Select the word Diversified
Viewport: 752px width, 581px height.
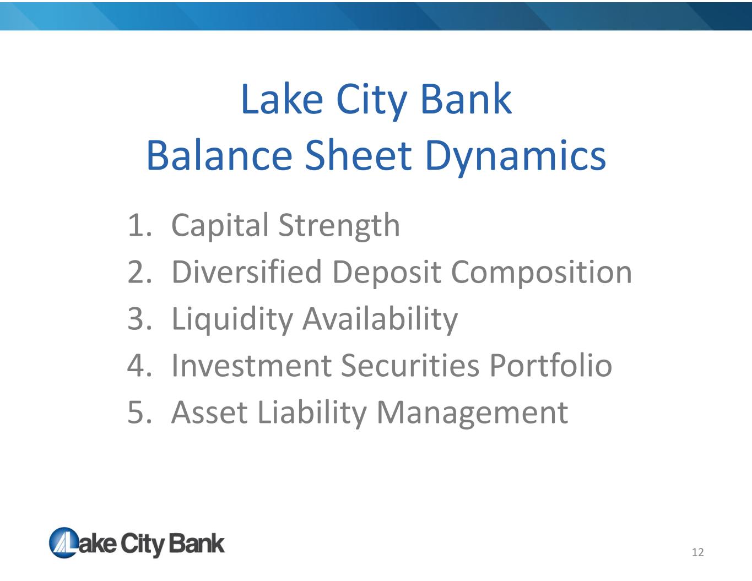(247, 272)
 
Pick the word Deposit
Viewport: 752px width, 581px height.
(386, 273)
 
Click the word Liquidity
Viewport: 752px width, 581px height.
(232, 319)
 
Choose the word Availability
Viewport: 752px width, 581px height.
(380, 319)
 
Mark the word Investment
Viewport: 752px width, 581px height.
(251, 366)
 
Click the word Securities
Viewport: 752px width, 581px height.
(410, 366)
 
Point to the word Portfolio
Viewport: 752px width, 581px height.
(551, 365)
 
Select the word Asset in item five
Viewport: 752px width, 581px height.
(210, 412)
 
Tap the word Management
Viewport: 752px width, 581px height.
(472, 414)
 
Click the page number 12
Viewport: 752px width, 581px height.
(697, 552)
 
